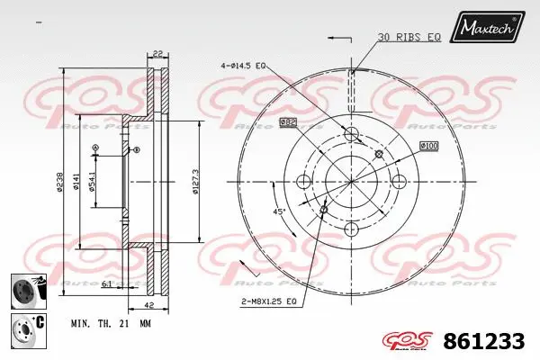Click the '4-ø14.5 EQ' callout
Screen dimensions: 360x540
242,66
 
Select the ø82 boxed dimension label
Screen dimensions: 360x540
288,121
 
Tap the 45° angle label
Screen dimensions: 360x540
280,212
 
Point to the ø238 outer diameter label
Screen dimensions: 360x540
59,182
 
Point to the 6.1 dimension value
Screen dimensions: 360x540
107,284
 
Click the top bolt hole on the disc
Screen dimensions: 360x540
352,135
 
